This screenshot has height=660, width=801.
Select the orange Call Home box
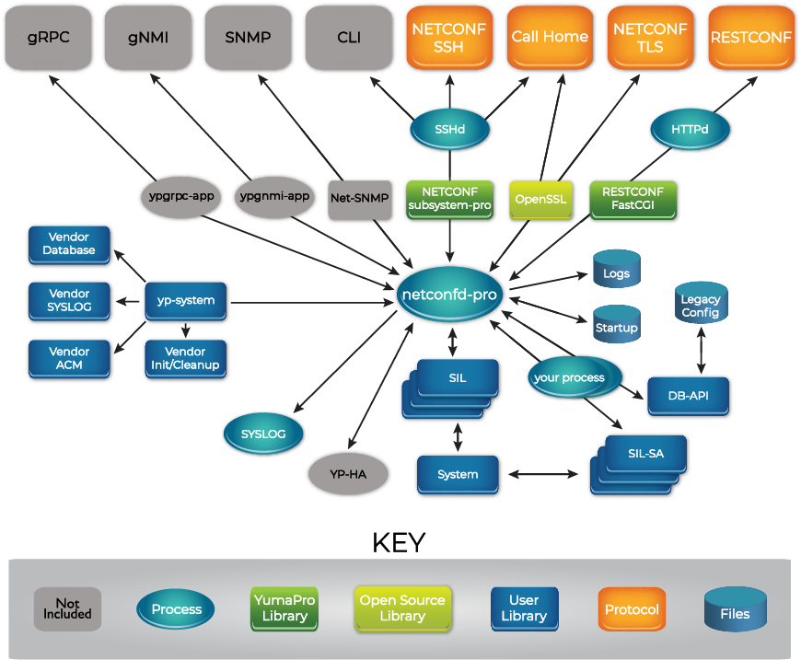550,38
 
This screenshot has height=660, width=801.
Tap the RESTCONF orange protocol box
750,38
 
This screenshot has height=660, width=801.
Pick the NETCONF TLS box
650,38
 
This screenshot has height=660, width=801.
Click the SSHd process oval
449,130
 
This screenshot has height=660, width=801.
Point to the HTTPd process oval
690,130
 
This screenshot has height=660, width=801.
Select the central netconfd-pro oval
450,295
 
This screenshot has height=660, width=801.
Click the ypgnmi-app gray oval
274,197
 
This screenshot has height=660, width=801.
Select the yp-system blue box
185,301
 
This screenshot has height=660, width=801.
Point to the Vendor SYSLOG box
70,301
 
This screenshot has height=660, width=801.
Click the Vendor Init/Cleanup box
185,358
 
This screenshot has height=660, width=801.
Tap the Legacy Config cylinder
701,304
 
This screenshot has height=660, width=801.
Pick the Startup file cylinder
616,325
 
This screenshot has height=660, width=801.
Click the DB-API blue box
689,397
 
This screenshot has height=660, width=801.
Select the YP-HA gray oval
348,475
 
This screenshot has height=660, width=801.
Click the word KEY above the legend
400,542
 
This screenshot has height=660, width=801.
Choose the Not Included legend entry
67,609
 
